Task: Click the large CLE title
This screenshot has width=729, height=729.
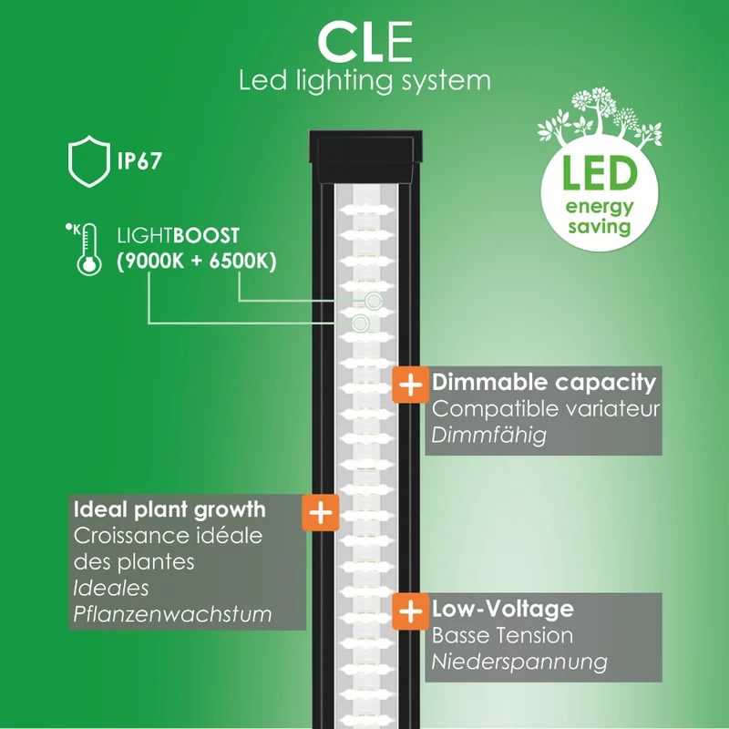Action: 365,42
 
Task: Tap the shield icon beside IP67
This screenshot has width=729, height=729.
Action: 89,161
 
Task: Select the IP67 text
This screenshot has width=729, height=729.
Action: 139,161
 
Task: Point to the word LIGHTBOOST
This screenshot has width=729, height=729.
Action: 178,236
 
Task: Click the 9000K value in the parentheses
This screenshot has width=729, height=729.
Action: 154,261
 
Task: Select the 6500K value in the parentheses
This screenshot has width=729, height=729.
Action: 240,261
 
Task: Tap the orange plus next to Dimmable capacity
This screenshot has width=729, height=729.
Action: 411,385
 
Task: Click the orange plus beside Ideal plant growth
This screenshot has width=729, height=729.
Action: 321,513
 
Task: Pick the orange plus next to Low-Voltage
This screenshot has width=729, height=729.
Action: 411,611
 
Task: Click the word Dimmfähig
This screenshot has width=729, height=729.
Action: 488,436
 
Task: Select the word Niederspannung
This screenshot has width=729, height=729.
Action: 519,662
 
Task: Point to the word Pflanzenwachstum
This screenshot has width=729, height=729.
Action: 172,614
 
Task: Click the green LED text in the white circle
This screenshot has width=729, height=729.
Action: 600,173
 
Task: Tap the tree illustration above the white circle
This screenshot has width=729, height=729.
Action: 600,117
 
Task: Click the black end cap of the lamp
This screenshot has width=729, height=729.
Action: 365,156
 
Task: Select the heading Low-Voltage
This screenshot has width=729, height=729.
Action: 503,609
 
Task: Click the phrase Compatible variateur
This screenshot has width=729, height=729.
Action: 546,409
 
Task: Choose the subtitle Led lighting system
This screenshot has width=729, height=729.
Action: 365,81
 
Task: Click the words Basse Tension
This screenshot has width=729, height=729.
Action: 502,635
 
